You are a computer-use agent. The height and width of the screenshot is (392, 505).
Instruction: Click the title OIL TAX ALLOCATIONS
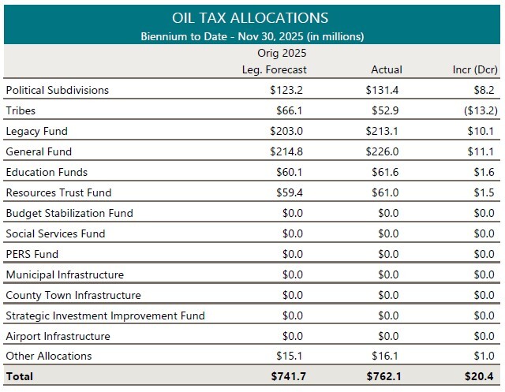(252, 17)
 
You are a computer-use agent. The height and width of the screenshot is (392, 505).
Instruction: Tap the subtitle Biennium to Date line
(252, 36)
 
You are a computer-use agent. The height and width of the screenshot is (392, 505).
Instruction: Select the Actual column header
(386, 69)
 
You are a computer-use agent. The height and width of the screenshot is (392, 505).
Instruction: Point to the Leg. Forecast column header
(274, 69)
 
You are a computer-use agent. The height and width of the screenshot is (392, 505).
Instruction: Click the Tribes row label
(21, 110)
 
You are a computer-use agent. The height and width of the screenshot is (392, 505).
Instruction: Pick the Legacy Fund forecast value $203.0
(287, 131)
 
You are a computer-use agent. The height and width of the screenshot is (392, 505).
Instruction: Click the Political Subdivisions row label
(57, 90)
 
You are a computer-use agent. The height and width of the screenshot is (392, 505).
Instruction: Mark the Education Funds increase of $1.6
(484, 172)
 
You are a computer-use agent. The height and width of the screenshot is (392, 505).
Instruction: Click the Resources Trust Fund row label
(58, 192)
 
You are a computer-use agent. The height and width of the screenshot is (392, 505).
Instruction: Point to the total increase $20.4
(481, 377)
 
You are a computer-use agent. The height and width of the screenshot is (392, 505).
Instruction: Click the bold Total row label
(19, 377)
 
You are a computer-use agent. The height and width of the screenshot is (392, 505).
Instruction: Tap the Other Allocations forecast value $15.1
(290, 357)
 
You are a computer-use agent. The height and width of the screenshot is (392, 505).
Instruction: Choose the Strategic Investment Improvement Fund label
(105, 315)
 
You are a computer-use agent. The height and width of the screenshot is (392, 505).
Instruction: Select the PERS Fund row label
(32, 254)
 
